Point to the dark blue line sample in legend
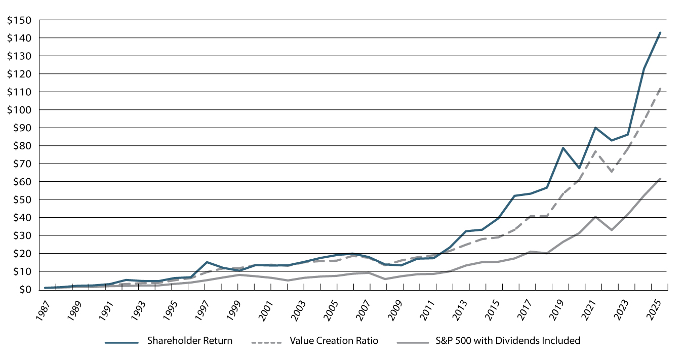(x=122, y=341)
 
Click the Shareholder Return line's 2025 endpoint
(x=660, y=32)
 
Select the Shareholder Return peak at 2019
(x=563, y=148)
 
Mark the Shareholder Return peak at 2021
(x=595, y=128)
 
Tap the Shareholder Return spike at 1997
(x=207, y=262)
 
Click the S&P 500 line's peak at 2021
(x=595, y=217)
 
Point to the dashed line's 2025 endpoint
(x=660, y=88)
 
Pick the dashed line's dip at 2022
(x=612, y=172)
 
